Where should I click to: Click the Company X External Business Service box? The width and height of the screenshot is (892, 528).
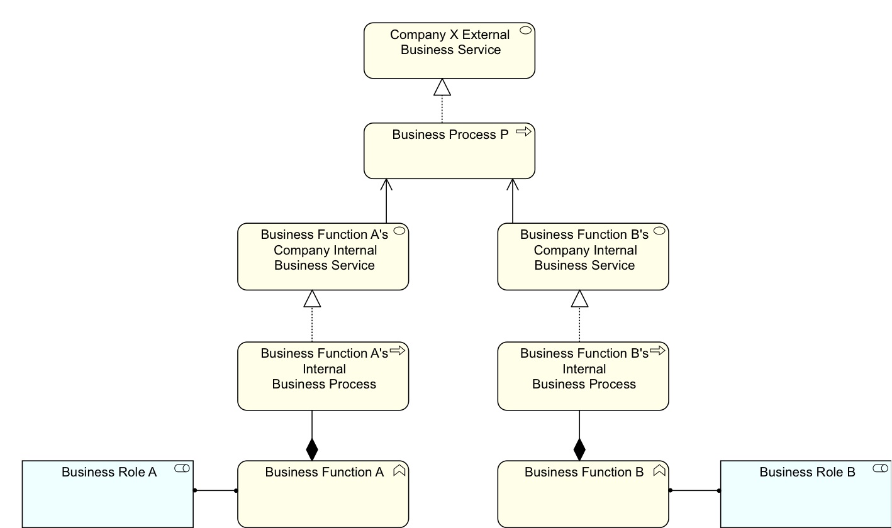tap(449, 51)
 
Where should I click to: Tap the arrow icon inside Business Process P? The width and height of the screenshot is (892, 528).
tap(523, 132)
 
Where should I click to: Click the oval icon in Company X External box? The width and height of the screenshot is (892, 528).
tap(525, 30)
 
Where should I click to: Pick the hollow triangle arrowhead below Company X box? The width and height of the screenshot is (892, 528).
tap(442, 87)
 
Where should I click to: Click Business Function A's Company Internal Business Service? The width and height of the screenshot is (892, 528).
tap(323, 256)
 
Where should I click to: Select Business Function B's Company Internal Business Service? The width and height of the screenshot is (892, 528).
tap(583, 256)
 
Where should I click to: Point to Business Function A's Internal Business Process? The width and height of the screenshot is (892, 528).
tap(323, 376)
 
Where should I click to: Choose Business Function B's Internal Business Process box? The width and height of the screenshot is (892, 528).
tap(583, 376)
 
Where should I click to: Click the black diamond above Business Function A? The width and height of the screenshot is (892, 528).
tap(312, 449)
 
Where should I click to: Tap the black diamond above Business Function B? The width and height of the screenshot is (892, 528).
tap(579, 449)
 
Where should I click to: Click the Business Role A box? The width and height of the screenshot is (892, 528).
tap(108, 494)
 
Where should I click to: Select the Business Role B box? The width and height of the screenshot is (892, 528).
tap(805, 494)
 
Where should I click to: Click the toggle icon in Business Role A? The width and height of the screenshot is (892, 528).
tap(182, 468)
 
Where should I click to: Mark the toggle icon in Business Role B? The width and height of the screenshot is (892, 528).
tap(881, 468)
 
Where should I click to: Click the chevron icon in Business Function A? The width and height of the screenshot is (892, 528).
tap(399, 470)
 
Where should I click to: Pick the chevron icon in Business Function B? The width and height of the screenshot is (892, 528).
tap(659, 470)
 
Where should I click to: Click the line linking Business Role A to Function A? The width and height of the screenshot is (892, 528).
tap(215, 490)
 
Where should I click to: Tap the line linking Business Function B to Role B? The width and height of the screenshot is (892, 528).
tap(694, 490)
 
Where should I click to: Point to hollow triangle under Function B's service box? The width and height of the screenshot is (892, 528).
tap(579, 299)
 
